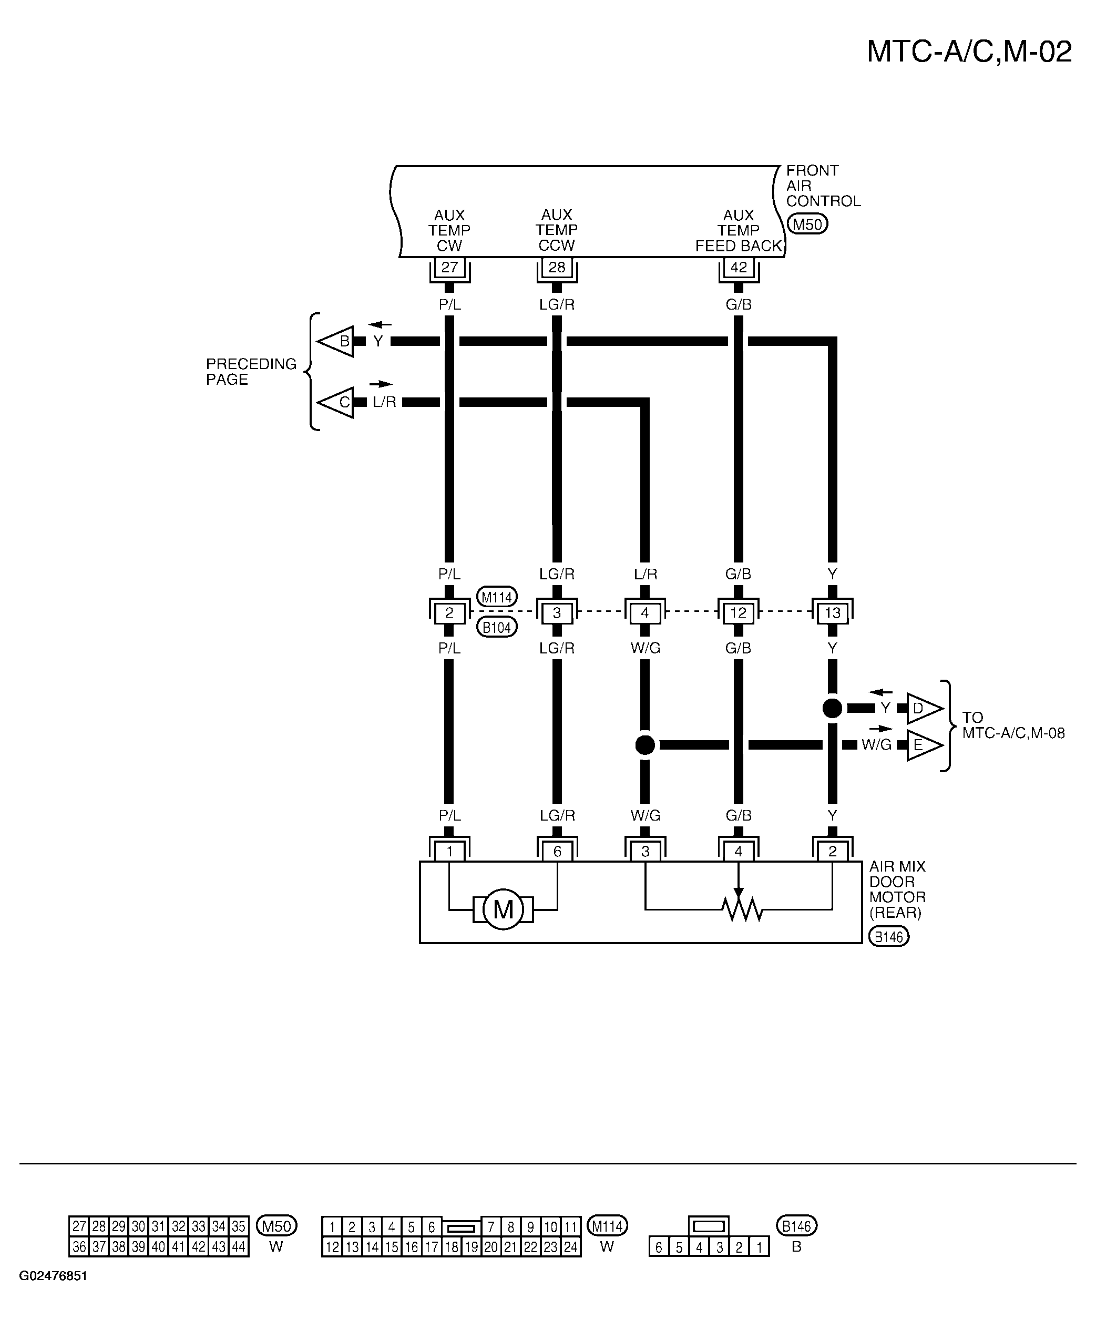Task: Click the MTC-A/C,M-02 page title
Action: click(969, 52)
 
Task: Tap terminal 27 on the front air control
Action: click(449, 267)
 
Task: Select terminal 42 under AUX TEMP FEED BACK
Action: click(739, 267)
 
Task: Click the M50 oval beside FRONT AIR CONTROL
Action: click(807, 224)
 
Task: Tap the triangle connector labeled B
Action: click(337, 342)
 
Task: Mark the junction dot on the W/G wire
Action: click(645, 745)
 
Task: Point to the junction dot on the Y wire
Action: click(832, 709)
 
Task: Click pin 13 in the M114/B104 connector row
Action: click(832, 613)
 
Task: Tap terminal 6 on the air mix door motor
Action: click(557, 851)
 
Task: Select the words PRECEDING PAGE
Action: click(251, 372)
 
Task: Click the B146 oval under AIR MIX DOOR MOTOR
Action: click(888, 937)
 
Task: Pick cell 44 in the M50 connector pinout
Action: click(239, 1246)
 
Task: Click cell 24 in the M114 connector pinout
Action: click(571, 1246)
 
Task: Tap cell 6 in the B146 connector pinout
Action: click(659, 1247)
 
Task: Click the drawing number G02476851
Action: click(54, 1276)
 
